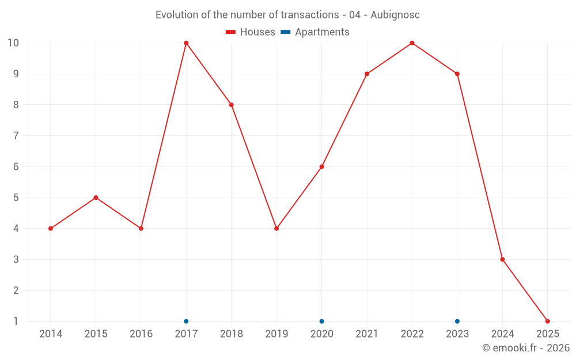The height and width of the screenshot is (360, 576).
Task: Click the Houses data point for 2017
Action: coord(186,43)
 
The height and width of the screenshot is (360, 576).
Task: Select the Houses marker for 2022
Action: coord(412,43)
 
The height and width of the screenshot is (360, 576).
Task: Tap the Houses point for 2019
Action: coord(276,229)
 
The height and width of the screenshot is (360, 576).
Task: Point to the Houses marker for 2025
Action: coord(547,321)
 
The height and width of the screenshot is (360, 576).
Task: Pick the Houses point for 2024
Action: coord(502,259)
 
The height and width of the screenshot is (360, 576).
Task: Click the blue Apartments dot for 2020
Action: coord(321,321)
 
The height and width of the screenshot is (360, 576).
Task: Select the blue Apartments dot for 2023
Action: coord(457,321)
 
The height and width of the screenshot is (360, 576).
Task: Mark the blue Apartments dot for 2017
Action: coord(186,321)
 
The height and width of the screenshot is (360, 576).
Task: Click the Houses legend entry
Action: coord(251,32)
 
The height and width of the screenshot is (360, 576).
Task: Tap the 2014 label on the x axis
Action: coord(51,334)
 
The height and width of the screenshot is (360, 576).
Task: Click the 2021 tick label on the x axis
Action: coord(367,334)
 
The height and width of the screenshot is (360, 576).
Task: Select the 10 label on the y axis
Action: coord(13,43)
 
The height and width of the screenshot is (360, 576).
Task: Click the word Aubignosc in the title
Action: coord(395,15)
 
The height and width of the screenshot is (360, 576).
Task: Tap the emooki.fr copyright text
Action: coord(526,348)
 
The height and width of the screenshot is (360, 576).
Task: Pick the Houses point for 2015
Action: coord(96,198)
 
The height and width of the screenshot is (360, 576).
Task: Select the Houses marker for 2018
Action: coord(231,105)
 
